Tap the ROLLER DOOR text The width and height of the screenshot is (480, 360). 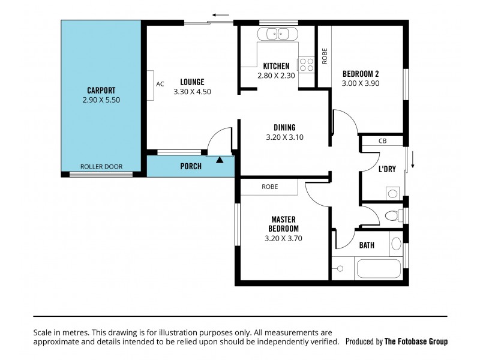tap(101, 167)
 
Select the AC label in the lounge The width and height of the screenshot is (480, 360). tap(160, 84)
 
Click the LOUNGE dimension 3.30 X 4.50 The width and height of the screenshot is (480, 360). tap(192, 92)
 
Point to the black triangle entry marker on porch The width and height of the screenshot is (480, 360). tap(220, 160)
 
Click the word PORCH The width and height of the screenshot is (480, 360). tap(191, 166)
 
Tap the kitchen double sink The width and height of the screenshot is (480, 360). tap(278, 34)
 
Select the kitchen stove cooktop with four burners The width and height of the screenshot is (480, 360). tap(306, 64)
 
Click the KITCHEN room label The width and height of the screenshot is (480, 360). tap(276, 66)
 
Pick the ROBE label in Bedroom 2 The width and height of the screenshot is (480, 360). tap(324, 56)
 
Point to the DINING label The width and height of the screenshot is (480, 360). tap(284, 127)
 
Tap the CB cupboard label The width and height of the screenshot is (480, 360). tap(382, 142)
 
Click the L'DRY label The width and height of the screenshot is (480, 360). tap(387, 169)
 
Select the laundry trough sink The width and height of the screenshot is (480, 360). tap(393, 193)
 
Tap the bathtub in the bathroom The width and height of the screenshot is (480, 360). tap(378, 268)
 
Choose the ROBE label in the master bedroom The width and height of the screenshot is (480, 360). tap(269, 187)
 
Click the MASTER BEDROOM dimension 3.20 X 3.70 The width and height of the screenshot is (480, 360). tap(283, 238)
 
